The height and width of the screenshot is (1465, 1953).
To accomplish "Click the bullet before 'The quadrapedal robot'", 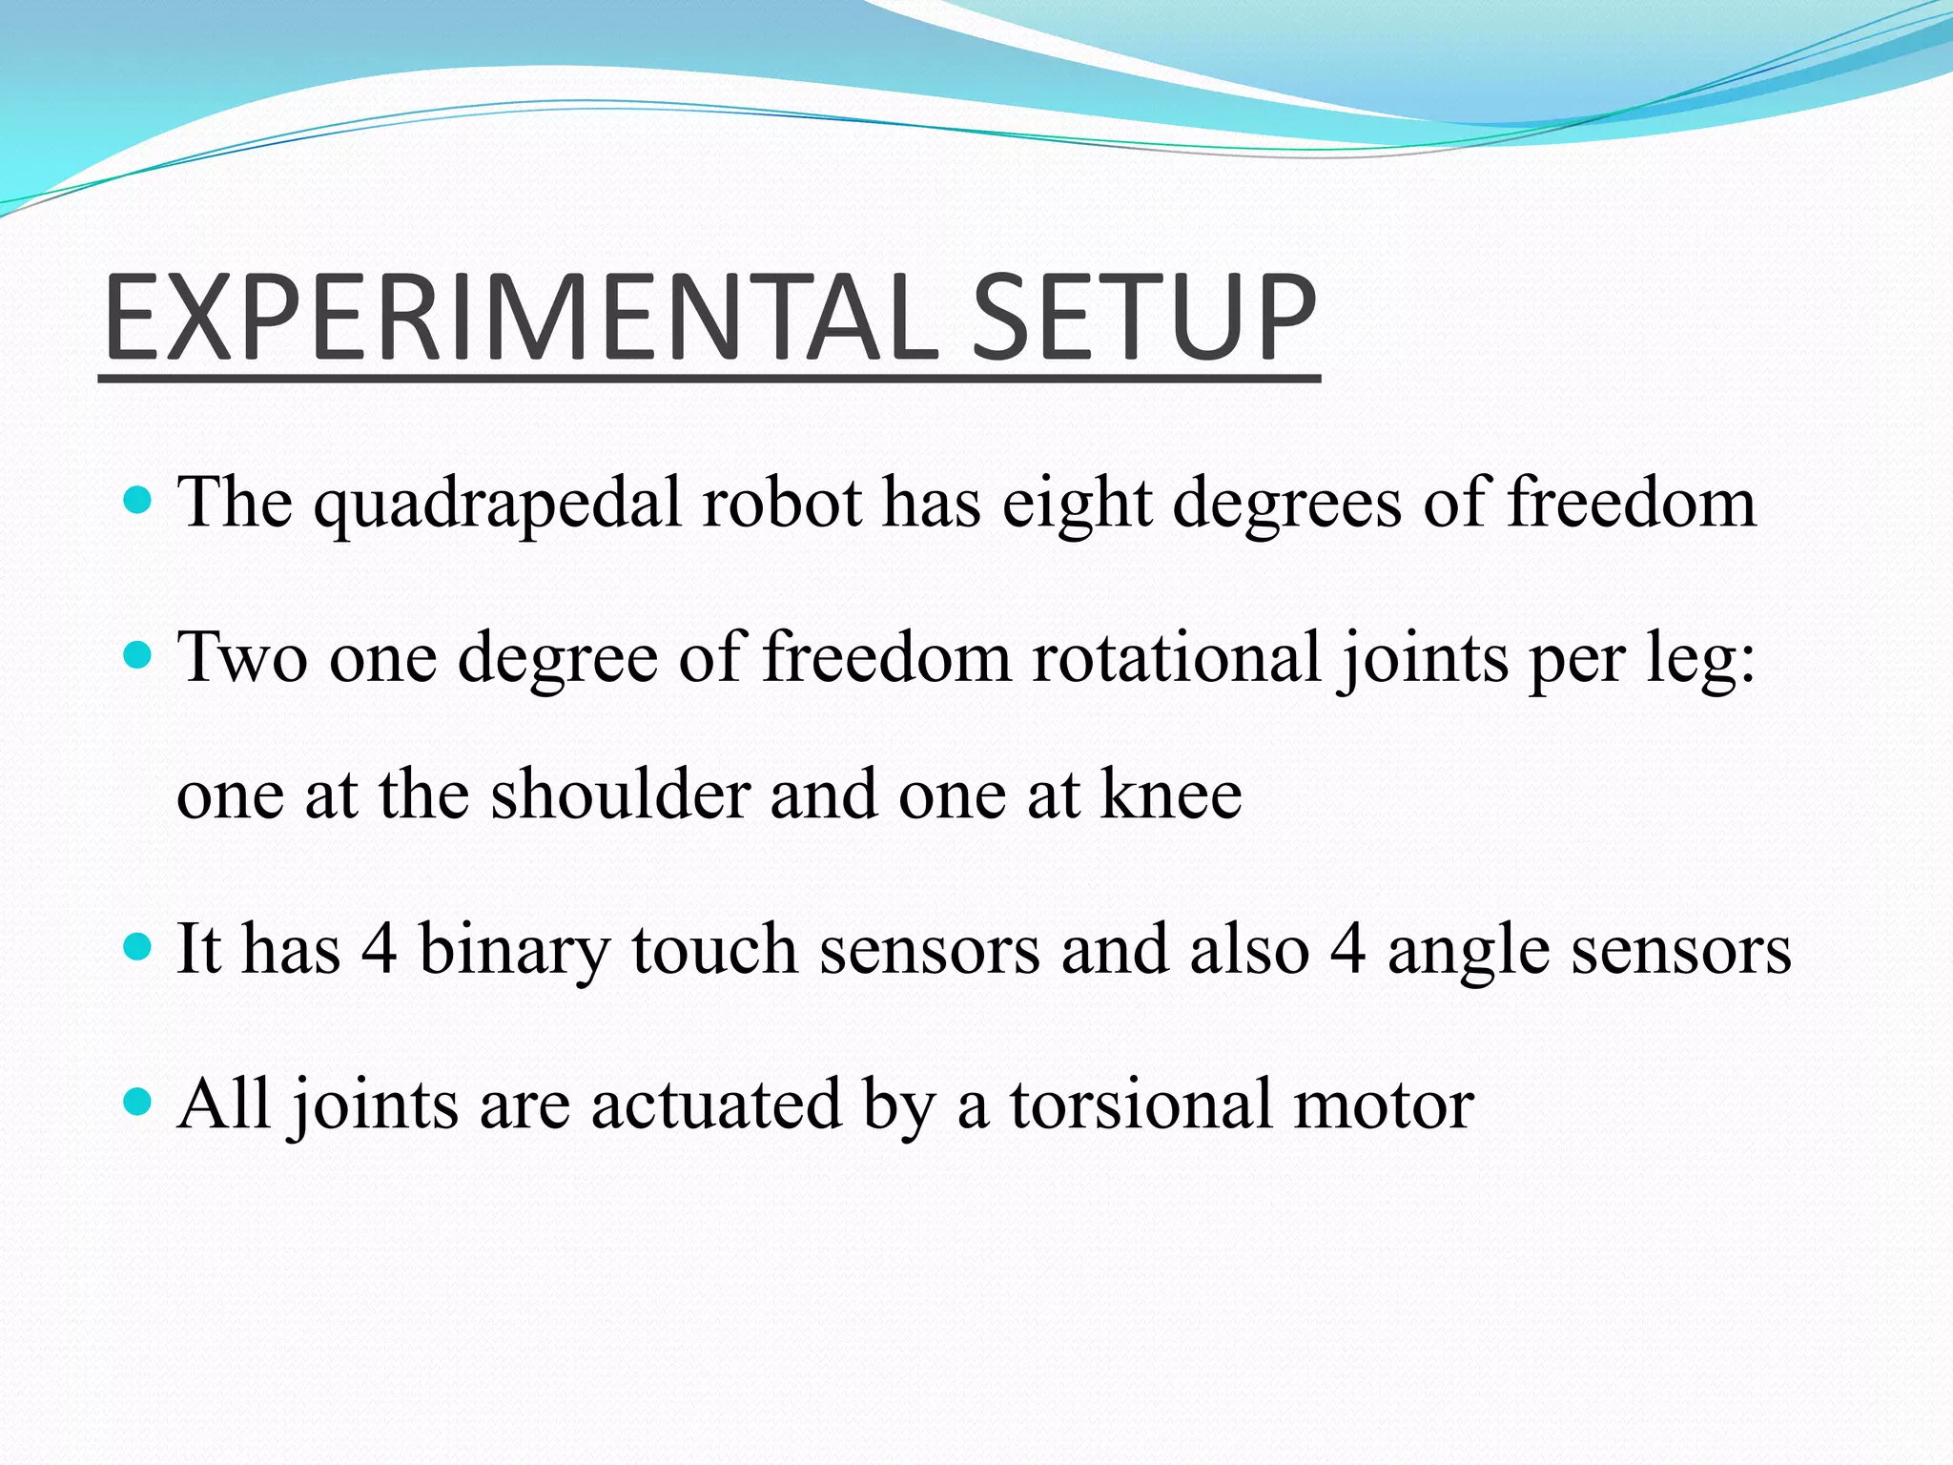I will (138, 500).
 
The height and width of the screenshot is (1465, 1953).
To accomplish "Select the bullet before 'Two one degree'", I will (138, 655).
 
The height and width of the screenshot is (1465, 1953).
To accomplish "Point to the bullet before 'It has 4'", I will (138, 947).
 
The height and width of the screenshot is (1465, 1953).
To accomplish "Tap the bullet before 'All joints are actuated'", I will (138, 1103).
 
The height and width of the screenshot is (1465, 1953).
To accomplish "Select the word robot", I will (781, 502).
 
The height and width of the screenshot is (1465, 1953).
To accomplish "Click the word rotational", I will (1176, 658).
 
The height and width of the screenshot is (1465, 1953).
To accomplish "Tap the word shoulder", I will (620, 794).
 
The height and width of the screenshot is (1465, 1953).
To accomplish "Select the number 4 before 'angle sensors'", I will (1347, 950).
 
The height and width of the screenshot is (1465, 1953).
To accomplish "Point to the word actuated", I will (716, 1104).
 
